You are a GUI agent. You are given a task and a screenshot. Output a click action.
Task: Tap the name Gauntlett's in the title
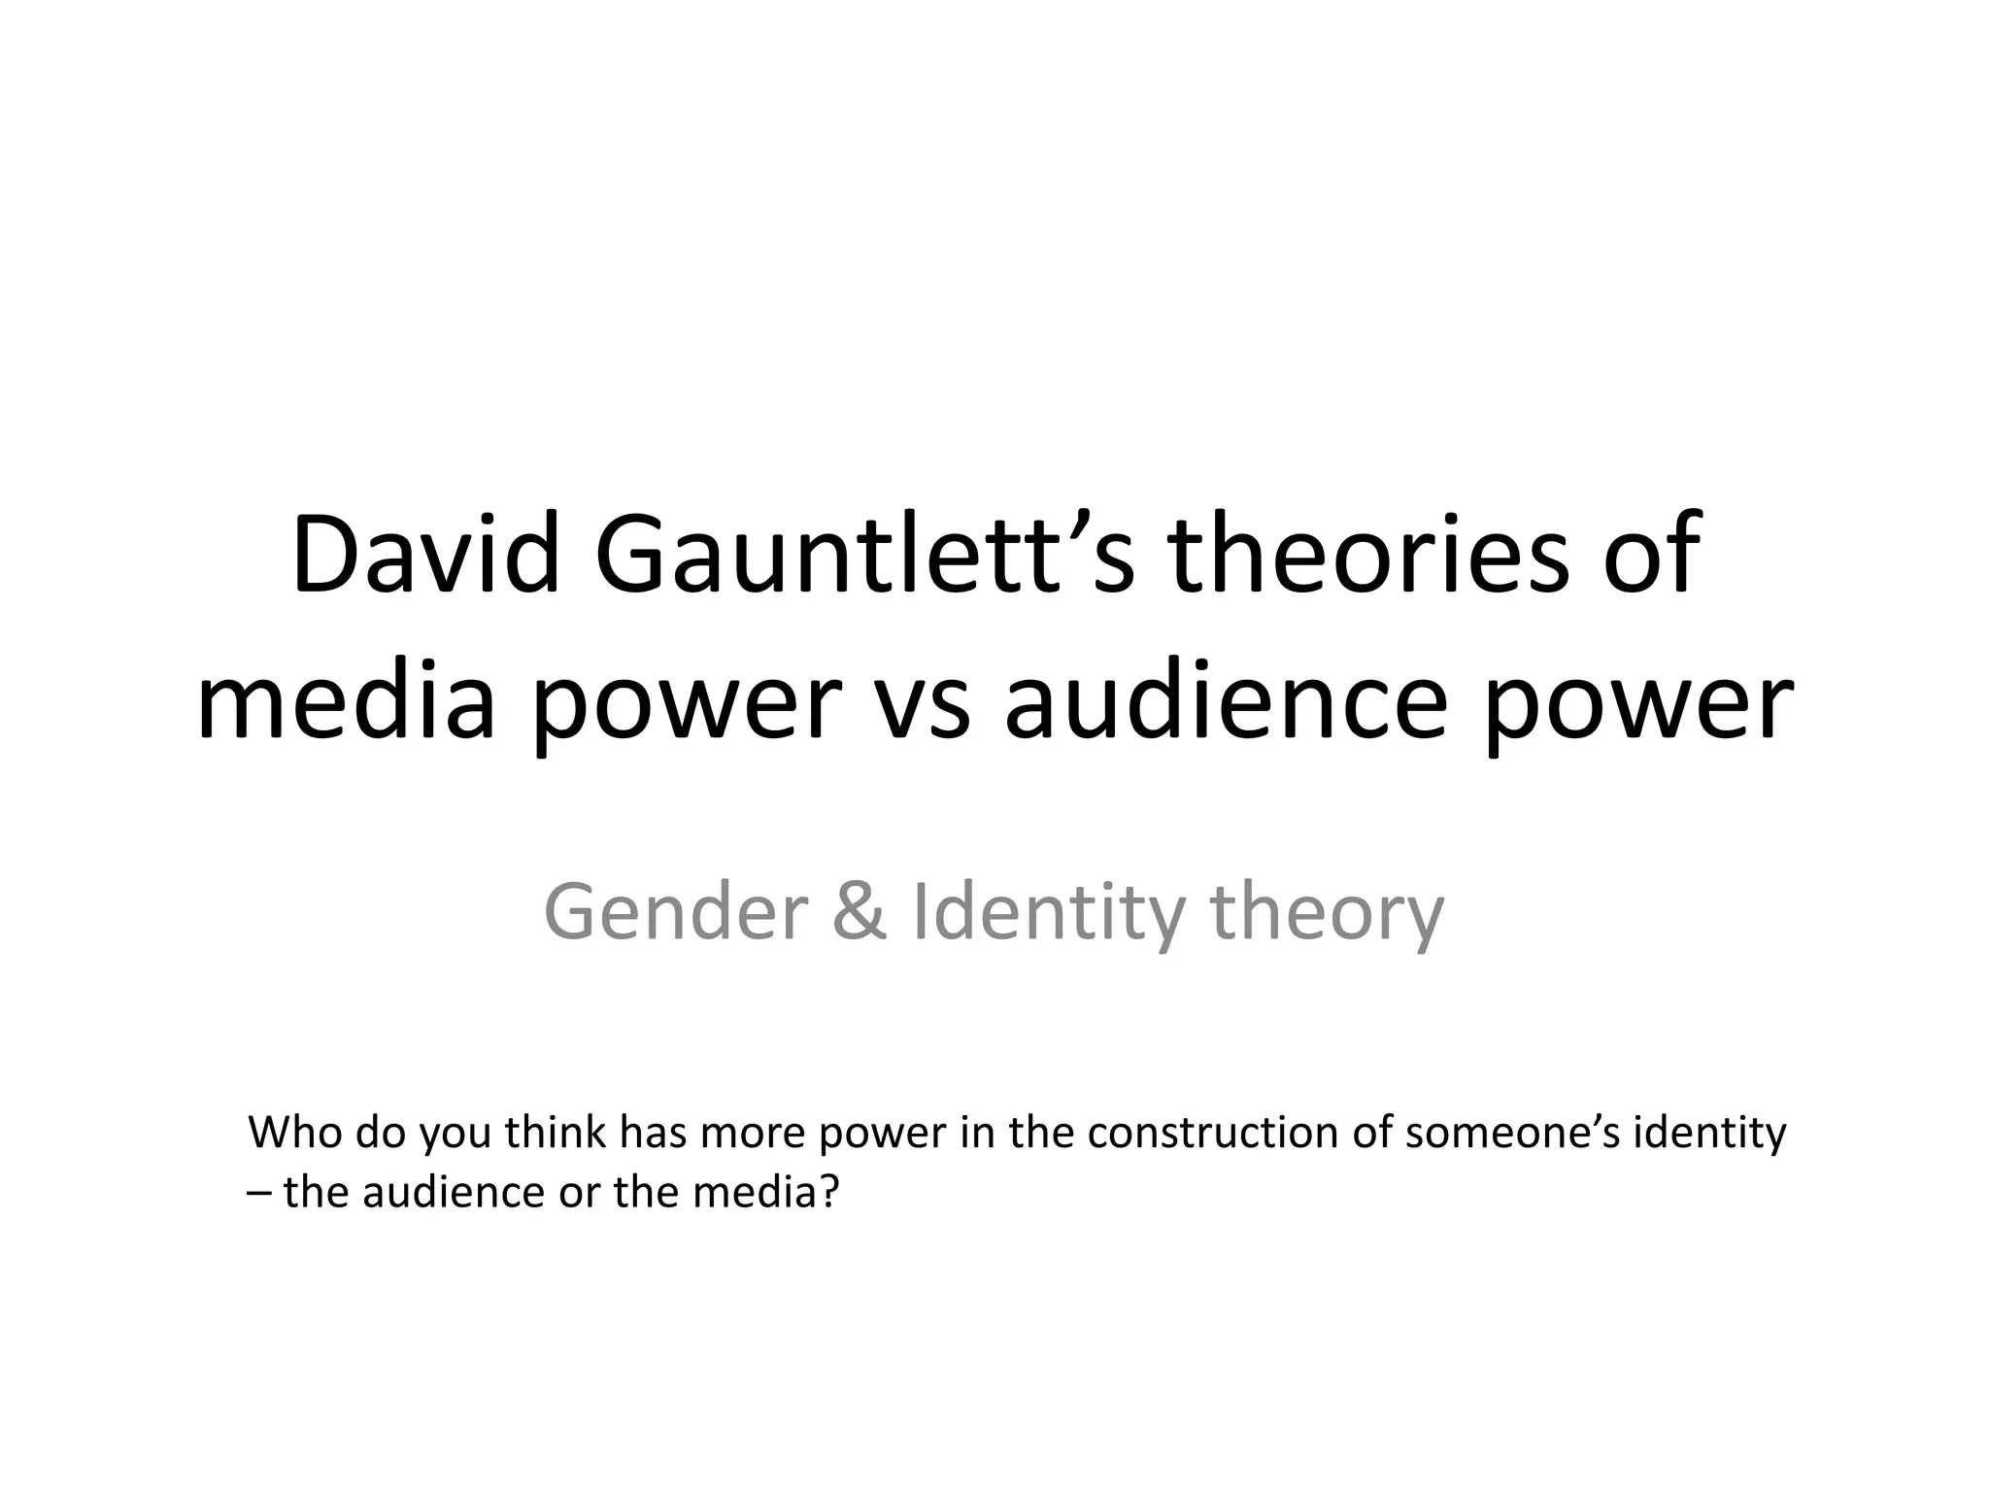[863, 556]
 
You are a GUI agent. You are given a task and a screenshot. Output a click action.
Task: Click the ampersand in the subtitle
[860, 913]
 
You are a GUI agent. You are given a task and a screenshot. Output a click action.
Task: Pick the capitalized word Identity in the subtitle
[1049, 913]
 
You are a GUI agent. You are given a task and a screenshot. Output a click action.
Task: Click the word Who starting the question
[296, 1133]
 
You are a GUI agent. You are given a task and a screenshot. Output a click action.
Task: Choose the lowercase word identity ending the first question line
[1710, 1135]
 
